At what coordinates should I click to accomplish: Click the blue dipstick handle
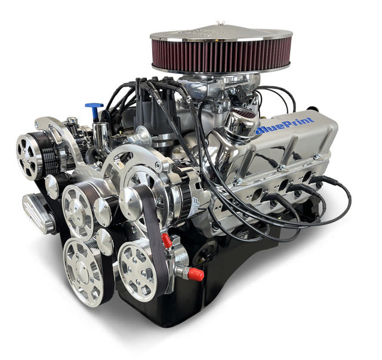click(x=94, y=107)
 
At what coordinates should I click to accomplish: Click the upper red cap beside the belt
click(x=167, y=241)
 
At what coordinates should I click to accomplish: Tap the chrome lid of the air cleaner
click(x=221, y=31)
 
